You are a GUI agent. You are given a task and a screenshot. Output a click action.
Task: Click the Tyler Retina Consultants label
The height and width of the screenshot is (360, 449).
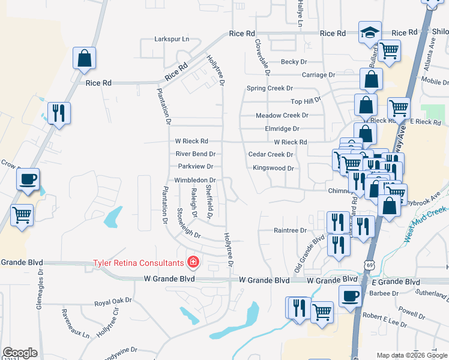pyautogui.click(x=137, y=263)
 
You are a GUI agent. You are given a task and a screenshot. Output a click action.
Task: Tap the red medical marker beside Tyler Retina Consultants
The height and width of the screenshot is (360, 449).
pyautogui.click(x=193, y=262)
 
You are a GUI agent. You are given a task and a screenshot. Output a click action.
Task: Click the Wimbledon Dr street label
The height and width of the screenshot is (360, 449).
pyautogui.click(x=194, y=180)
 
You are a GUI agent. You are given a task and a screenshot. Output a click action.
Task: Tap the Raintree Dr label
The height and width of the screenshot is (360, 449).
pyautogui.click(x=290, y=230)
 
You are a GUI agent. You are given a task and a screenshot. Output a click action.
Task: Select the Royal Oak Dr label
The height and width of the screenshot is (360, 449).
pyautogui.click(x=113, y=302)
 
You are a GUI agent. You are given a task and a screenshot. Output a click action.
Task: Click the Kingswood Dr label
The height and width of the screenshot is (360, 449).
pyautogui.click(x=273, y=169)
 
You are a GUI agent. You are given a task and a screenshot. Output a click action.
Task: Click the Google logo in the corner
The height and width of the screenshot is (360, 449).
pyautogui.click(x=19, y=353)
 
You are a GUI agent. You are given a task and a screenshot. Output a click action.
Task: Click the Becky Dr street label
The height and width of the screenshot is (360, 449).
pyautogui.click(x=294, y=62)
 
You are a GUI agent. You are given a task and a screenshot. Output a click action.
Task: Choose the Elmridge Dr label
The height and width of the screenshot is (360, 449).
pyautogui.click(x=282, y=128)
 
